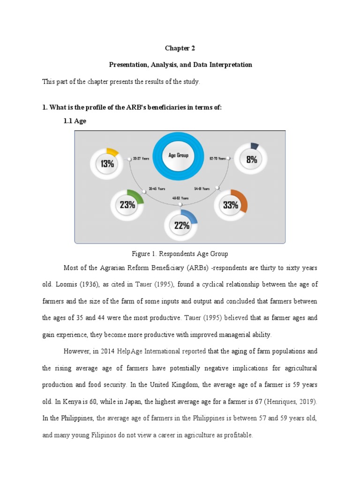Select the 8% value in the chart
pyautogui.click(x=251, y=159)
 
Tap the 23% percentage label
pyautogui.click(x=127, y=204)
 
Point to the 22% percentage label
pyautogui.click(x=181, y=225)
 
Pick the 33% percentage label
pyautogui.click(x=231, y=205)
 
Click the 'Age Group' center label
pyautogui.click(x=179, y=155)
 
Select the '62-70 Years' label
pyautogui.click(x=218, y=158)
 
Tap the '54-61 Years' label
pyautogui.click(x=202, y=188)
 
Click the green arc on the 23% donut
pyautogui.click(x=137, y=193)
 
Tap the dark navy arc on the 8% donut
pyautogui.click(x=255, y=146)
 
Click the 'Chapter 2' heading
pyautogui.click(x=180, y=48)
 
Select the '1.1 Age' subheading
pyautogui.click(x=75, y=121)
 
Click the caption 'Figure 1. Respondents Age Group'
pyautogui.click(x=180, y=254)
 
